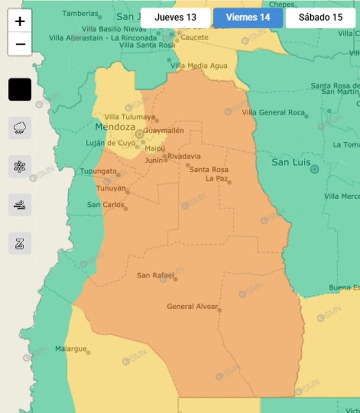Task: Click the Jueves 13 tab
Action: pos(175,18)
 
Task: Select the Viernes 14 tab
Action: pos(248,18)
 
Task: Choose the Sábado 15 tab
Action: pos(320,18)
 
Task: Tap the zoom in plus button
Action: pos(20,21)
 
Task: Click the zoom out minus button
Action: pos(20,44)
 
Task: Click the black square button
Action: pos(20,90)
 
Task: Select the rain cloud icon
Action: pos(20,128)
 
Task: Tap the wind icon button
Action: pos(20,205)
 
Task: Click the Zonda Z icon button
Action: pos(20,243)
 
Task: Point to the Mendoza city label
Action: pos(115,127)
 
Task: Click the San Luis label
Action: pos(291,163)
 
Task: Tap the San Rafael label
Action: pos(155,275)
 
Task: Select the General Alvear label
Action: pos(192,307)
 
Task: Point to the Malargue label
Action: pos(71,349)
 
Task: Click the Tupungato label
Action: pos(98,171)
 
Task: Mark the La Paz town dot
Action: pos(229,182)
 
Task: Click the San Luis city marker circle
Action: pos(315,169)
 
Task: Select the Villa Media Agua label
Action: pos(199,66)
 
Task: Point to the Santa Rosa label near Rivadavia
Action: pos(209,169)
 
